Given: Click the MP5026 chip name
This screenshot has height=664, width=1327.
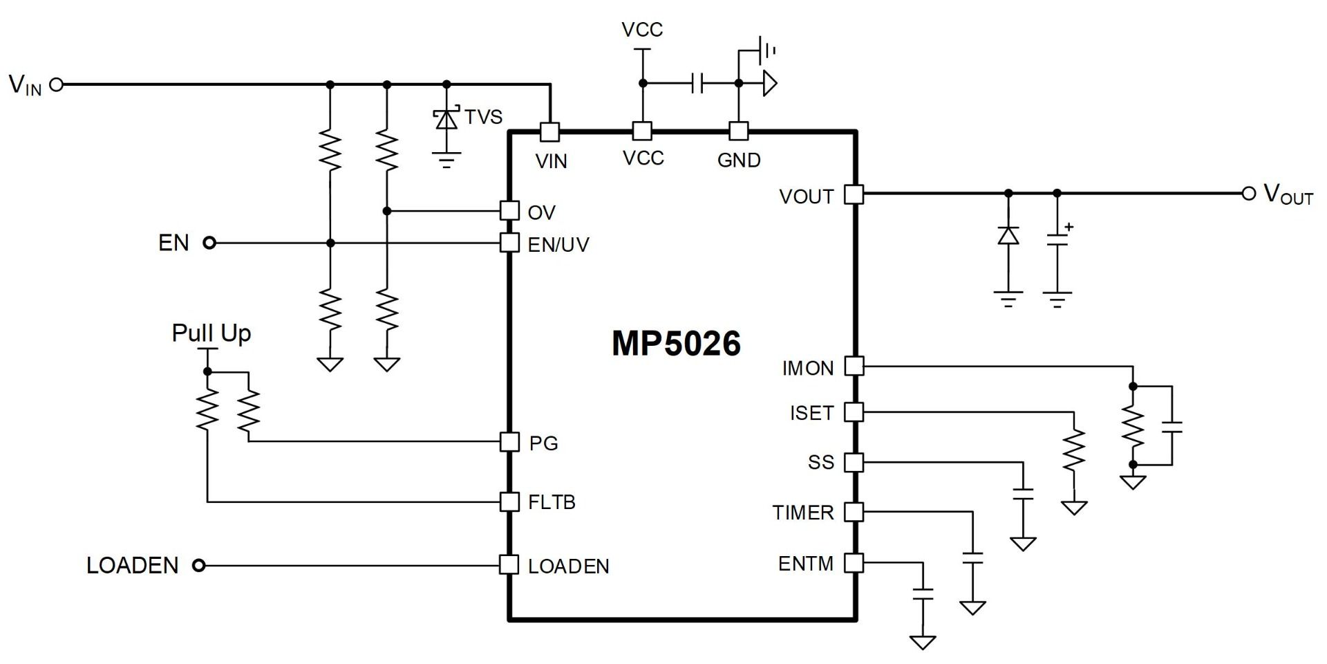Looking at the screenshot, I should point(676,344).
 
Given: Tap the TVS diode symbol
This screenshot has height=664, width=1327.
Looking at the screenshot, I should point(446,120).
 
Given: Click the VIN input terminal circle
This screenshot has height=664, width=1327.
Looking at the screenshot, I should point(57,84).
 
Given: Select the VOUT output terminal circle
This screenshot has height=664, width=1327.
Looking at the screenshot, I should point(1248,194).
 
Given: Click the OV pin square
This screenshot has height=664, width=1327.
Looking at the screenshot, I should point(509,210).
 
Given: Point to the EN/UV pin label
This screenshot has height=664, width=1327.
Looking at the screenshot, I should point(558,245).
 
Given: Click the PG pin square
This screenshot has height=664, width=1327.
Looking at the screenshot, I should point(509,442).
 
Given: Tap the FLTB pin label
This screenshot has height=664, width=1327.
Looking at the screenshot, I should point(552,502).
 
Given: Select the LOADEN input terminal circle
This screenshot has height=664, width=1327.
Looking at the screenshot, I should point(199,566).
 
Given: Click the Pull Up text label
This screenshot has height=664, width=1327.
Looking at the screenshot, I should point(211,333).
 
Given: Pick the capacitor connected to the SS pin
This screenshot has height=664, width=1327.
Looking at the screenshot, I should point(1022,494).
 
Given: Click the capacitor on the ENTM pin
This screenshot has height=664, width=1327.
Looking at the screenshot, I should point(923,593).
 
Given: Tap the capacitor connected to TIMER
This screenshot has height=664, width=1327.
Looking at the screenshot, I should point(972,558).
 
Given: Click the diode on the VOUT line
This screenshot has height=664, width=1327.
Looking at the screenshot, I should point(1008,236).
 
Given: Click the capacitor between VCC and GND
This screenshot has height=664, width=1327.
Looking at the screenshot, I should point(697,84).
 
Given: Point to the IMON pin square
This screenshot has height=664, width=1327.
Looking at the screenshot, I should point(855,366).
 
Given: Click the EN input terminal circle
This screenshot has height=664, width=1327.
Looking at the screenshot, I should point(209,243).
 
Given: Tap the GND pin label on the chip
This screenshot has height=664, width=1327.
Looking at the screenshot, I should point(739,160).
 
